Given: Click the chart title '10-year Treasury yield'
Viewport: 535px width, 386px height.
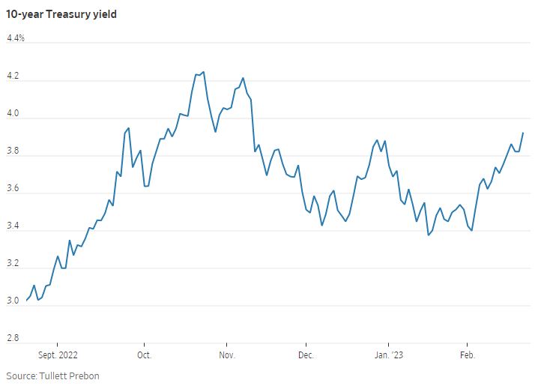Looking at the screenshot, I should tap(61, 14).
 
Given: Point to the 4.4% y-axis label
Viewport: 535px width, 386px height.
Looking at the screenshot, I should tap(16, 38).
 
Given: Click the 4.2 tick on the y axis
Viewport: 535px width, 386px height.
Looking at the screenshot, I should tap(13, 76).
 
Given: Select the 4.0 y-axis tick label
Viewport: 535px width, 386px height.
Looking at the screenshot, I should tap(13, 114).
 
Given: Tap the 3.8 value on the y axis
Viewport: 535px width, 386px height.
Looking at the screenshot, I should tap(13, 151).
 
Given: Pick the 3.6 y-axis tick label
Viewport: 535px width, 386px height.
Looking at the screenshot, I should tap(13, 189).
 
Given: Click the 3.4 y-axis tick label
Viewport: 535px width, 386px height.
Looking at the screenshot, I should tap(13, 226).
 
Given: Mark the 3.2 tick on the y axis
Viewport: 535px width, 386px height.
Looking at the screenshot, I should tap(13, 264).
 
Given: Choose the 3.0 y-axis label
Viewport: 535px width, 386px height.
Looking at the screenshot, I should tap(13, 301).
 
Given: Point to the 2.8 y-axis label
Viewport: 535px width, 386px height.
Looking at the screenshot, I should tap(13, 339).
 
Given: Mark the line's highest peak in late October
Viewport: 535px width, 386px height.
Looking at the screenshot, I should tap(204, 72).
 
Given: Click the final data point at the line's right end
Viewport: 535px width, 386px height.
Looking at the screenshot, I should tap(523, 133).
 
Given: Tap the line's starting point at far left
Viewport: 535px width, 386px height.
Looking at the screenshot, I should tap(26, 301).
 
